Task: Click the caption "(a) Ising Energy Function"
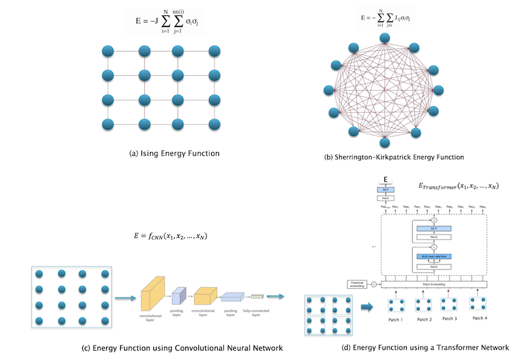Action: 175,153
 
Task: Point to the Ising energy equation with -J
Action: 174,29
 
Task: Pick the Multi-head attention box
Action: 434,256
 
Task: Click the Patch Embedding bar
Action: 434,284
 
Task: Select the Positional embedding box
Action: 358,284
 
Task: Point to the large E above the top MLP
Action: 386,179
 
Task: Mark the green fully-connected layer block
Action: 257,296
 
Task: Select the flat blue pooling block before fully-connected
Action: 233,296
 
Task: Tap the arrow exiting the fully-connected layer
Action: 277,296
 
